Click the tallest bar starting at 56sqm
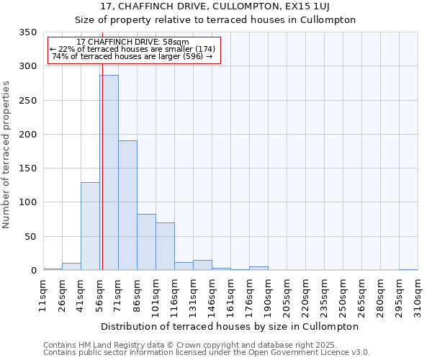click(109, 173)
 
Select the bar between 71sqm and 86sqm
click(127, 205)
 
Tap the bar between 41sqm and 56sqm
click(90, 226)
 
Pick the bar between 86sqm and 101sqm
click(146, 242)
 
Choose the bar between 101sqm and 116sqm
click(165, 246)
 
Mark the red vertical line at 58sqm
click(102, 144)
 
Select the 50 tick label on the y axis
click(30, 236)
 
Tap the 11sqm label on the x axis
click(43, 295)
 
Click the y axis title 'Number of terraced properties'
click(6, 155)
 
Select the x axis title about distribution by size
click(230, 326)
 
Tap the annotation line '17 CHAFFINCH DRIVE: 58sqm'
click(132, 42)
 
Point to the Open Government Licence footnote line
click(207, 352)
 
